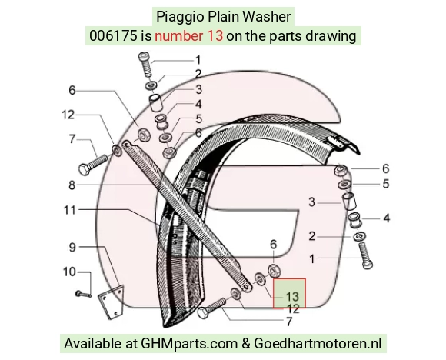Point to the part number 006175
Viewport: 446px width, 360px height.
point(113,36)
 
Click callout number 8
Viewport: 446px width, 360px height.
point(72,185)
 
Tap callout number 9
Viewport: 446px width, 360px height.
point(72,247)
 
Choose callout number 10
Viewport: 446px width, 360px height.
point(69,272)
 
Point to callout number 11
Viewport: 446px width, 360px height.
point(69,210)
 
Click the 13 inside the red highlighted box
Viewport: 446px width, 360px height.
point(292,297)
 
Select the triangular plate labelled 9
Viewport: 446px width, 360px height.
point(111,301)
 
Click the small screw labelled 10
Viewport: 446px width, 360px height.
point(83,295)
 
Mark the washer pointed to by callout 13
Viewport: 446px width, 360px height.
point(260,279)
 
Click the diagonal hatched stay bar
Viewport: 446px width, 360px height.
point(186,215)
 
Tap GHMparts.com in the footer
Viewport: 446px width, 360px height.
point(189,344)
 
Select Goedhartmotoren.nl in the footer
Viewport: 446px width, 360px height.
point(318,343)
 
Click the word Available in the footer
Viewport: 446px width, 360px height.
point(92,343)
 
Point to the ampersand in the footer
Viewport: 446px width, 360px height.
point(246,344)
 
